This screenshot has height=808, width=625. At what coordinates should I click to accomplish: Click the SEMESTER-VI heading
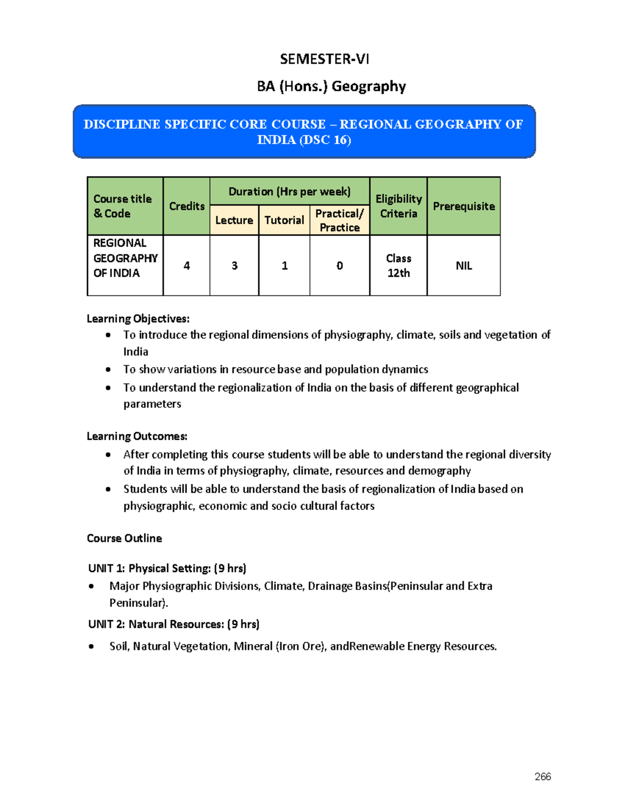pos(324,59)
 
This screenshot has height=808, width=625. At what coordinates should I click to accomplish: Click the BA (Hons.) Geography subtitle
pos(331,86)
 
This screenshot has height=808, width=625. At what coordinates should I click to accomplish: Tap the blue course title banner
pos(304,132)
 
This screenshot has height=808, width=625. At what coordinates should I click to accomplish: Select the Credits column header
pos(186,206)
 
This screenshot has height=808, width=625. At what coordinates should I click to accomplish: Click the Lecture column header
pos(234,220)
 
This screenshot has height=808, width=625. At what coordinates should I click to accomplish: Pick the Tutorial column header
pos(284,220)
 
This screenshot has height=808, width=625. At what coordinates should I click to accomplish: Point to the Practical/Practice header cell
pos(340,221)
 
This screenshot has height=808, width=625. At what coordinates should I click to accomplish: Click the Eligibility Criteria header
pos(398,206)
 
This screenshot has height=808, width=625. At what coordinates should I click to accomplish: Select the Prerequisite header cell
pos(464,206)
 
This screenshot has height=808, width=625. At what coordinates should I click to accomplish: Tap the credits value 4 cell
pos(186,266)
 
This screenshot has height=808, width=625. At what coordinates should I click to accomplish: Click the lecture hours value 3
pos(234,266)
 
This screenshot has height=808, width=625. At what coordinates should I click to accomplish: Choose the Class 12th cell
pos(398,266)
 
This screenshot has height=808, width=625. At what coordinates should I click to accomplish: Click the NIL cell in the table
pos(464,266)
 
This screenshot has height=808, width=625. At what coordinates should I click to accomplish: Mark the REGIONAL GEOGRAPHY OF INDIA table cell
pos(125,258)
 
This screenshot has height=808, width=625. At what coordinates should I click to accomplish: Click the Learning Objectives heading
pos(138,318)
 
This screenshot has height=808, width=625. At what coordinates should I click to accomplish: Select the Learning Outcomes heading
pos(137,436)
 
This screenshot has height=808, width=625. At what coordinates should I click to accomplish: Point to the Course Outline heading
pos(124,538)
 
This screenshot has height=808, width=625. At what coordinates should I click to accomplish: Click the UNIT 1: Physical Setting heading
pos(167,568)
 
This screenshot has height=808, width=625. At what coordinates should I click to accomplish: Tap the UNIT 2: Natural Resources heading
pos(174,624)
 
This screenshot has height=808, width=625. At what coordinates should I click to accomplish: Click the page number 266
pos(543,776)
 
